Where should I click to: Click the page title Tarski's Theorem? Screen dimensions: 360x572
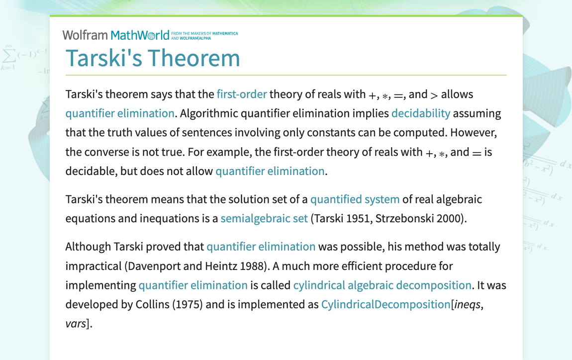pyautogui.click(x=153, y=58)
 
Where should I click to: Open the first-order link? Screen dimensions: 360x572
pyautogui.click(x=242, y=94)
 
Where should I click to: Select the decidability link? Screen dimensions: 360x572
pyautogui.click(x=420, y=113)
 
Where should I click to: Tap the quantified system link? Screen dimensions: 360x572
pyautogui.click(x=355, y=199)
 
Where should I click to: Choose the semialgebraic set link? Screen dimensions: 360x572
pyautogui.click(x=264, y=218)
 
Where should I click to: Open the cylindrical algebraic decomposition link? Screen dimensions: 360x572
pyautogui.click(x=382, y=285)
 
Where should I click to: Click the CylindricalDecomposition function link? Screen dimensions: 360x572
pyautogui.click(x=385, y=304)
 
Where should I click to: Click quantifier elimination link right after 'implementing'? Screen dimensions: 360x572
pyautogui.click(x=193, y=285)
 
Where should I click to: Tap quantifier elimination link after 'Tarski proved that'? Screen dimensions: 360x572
pyautogui.click(x=261, y=247)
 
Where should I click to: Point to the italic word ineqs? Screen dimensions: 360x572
pyautogui.click(x=467, y=304)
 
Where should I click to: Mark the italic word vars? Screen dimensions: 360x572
pyautogui.click(x=76, y=324)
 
